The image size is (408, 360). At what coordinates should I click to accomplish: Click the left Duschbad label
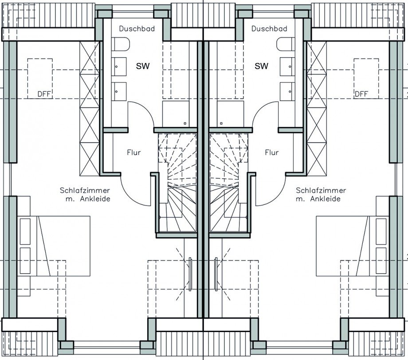tap(137, 29)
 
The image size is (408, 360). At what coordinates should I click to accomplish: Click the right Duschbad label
tap(269, 29)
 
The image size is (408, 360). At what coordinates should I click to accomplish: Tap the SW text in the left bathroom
tap(143, 66)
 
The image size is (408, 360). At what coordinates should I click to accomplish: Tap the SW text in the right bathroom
tap(261, 66)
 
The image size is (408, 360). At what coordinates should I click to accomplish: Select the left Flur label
tap(134, 153)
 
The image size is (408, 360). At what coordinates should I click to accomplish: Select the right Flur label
tap(272, 153)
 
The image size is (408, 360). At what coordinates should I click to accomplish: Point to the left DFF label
tap(44, 94)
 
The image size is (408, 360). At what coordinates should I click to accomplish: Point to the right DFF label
tap(361, 94)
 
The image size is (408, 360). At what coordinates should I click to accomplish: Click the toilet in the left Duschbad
tap(121, 44)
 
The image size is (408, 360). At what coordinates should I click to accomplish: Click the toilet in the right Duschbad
tap(286, 44)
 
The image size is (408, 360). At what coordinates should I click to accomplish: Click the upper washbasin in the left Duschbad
tap(119, 67)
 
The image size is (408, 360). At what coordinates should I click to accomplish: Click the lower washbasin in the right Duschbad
tap(287, 92)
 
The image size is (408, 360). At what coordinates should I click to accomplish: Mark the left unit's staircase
tap(177, 182)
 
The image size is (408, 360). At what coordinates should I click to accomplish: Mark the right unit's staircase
tap(229, 182)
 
